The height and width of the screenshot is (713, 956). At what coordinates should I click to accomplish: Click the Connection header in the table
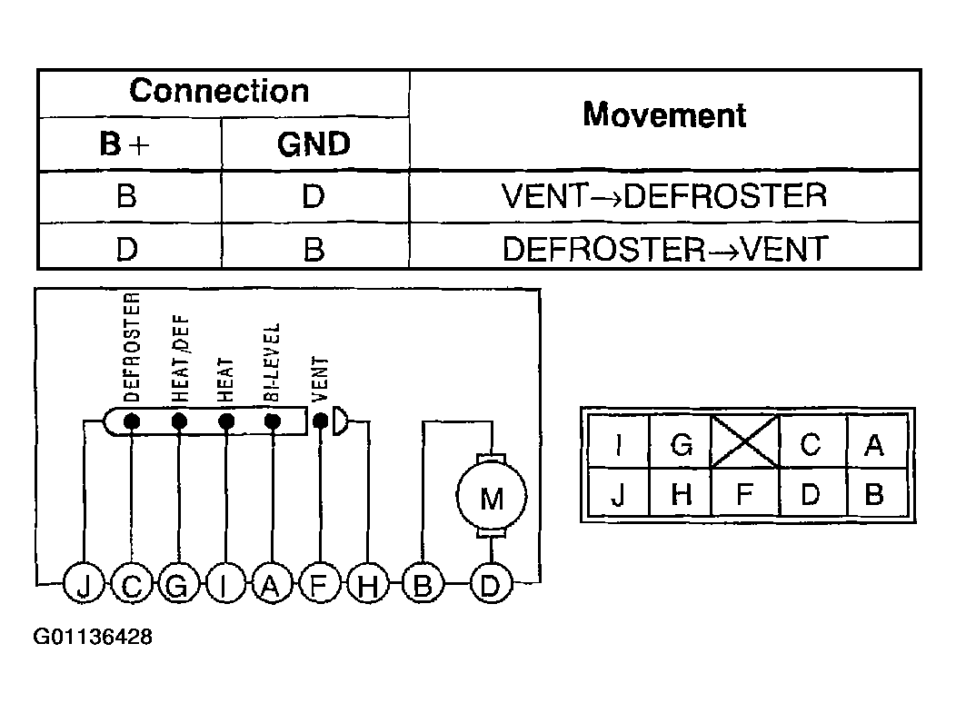coord(220,92)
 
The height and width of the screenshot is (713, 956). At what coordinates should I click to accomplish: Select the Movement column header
coord(664,114)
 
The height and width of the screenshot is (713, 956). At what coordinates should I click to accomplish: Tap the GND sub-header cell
coord(314,144)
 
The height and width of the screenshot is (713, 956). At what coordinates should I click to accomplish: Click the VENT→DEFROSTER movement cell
coord(664,196)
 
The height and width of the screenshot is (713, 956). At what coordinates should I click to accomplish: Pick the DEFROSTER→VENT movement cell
coord(664,249)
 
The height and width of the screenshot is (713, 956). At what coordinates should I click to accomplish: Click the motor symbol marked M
coord(492,496)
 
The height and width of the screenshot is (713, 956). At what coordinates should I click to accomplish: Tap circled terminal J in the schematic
coord(85,584)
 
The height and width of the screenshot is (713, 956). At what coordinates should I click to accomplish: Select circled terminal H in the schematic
coord(368,584)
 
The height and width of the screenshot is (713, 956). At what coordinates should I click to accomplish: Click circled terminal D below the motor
coord(491,584)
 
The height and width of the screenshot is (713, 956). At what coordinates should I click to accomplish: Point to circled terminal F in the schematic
coord(320,584)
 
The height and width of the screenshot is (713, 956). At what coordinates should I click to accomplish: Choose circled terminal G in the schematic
coord(178,584)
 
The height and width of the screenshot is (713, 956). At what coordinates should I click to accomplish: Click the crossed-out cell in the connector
coord(745,441)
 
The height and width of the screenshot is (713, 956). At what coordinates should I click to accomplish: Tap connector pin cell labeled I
coord(619,441)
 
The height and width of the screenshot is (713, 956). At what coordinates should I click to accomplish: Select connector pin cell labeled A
coord(875,441)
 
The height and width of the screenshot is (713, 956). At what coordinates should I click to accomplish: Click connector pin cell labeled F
coord(745,493)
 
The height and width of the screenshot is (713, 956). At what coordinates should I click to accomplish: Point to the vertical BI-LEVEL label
coord(272,361)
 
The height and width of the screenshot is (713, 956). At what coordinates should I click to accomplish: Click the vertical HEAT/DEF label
coord(181,359)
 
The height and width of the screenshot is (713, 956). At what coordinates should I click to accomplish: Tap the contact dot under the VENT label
coord(320,421)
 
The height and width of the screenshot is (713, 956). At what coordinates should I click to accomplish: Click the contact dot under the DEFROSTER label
coord(132,421)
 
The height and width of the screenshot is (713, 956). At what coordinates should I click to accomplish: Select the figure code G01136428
coord(93,637)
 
